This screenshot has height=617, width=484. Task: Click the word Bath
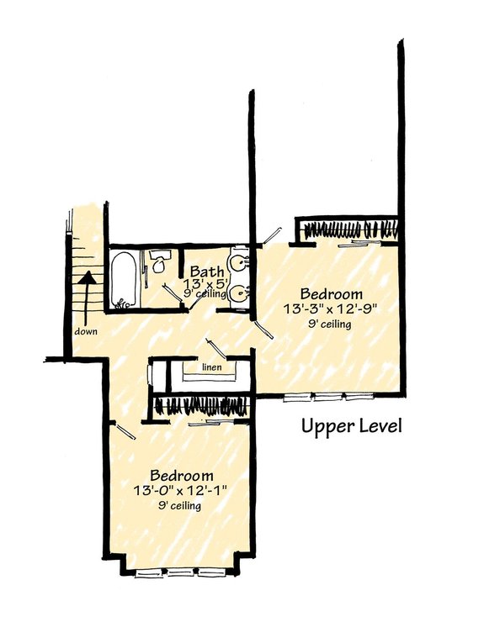tap(206, 272)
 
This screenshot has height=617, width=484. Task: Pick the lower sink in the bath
tap(240, 293)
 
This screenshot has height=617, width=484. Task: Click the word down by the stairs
tap(86, 330)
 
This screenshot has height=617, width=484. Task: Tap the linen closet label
tap(211, 367)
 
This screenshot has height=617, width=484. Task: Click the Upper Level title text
tap(352, 426)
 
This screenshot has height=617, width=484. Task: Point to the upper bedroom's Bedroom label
tap(332, 294)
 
